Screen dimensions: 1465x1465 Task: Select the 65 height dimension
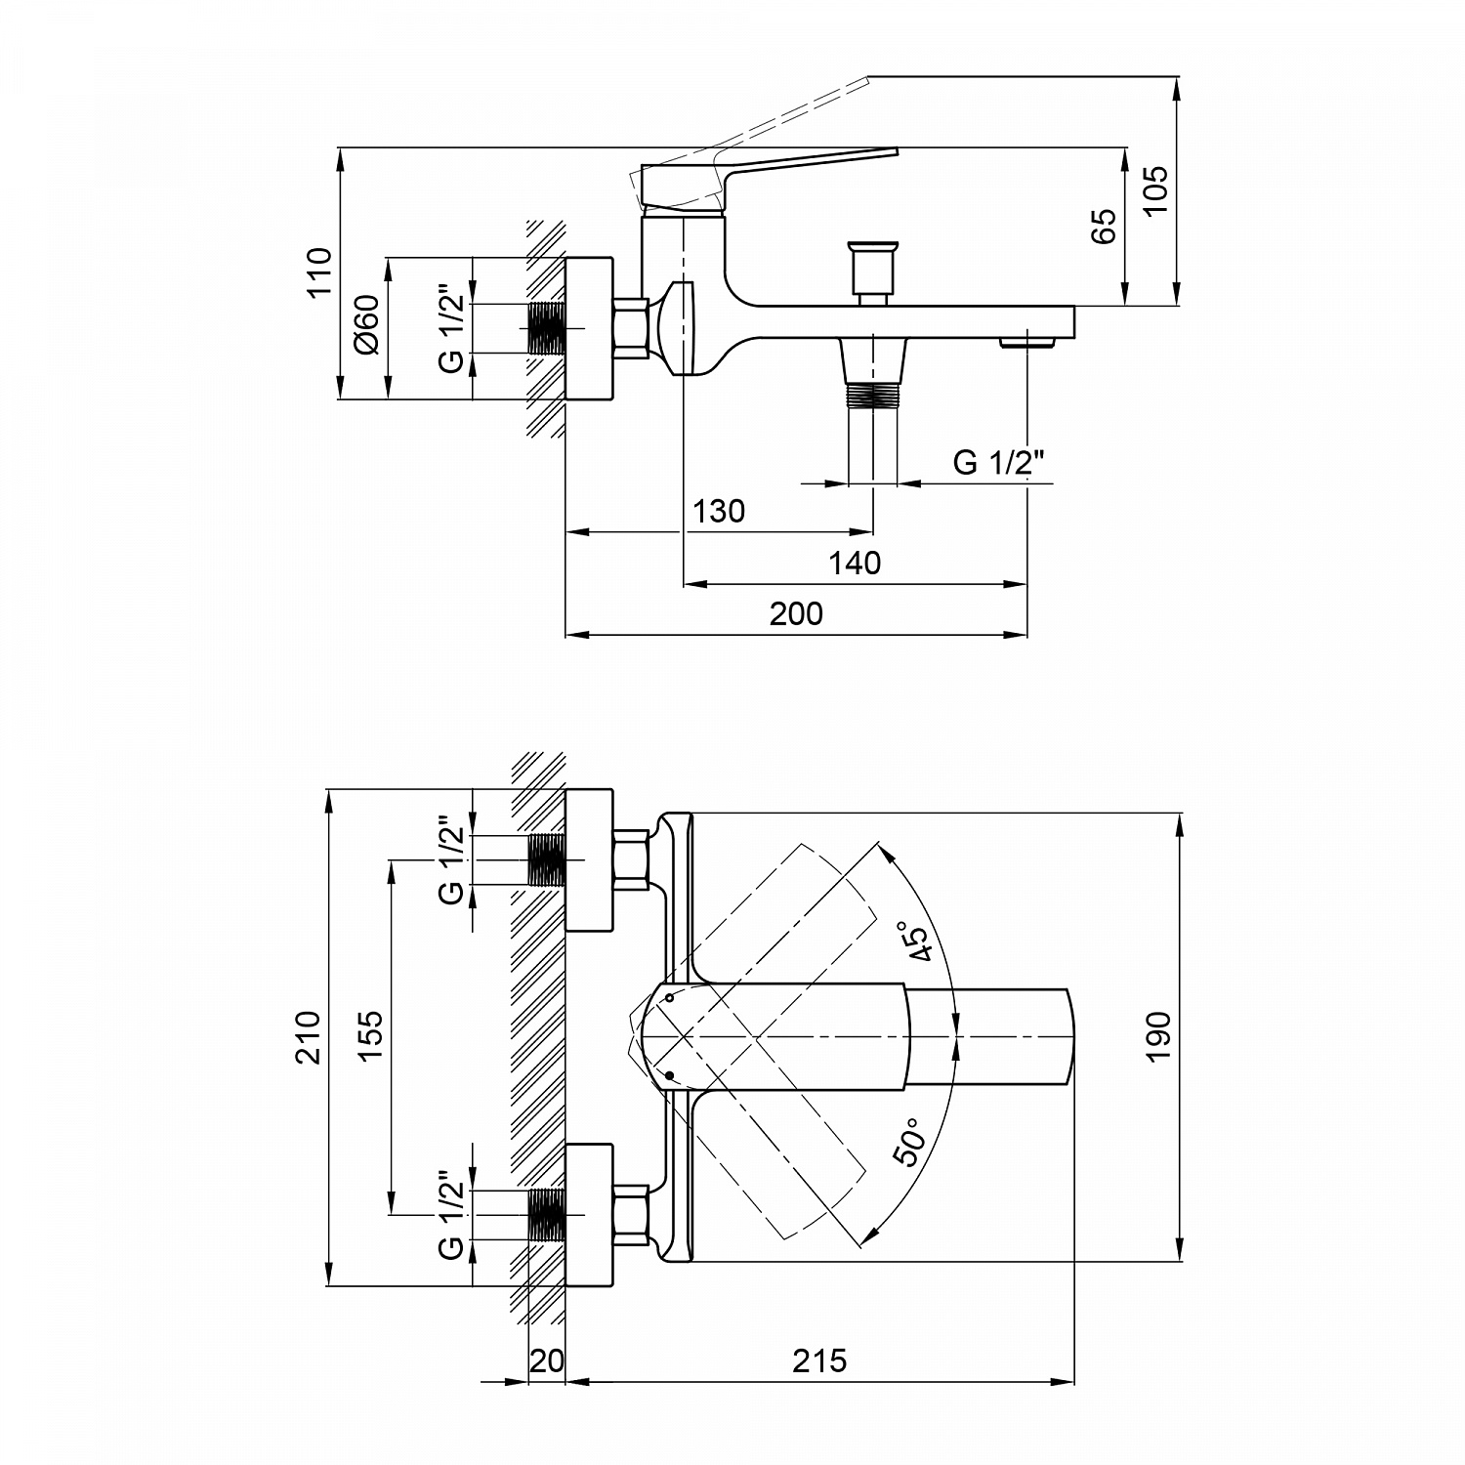(x=1103, y=227)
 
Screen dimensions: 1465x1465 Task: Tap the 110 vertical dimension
(x=318, y=273)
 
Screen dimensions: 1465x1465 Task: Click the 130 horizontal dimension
(x=719, y=511)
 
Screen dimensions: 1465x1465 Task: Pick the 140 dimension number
(x=855, y=563)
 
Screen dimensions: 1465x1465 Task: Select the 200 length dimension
(x=796, y=613)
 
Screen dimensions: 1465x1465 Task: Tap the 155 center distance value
(x=371, y=1035)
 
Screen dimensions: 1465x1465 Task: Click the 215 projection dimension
(x=819, y=1360)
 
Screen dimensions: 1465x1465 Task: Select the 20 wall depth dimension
(x=547, y=1360)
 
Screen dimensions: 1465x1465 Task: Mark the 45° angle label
(x=921, y=942)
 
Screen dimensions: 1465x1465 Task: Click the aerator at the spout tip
(x=1027, y=342)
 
